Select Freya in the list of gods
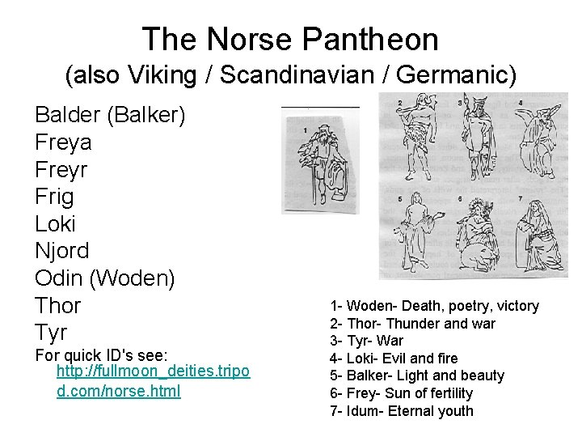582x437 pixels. pos(63,142)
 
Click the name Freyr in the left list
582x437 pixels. pos(61,170)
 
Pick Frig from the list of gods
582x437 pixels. pos(54,197)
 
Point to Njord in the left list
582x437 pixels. pos(62,251)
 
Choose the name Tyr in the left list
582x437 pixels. pos(51,332)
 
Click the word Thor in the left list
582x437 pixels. pos(58,305)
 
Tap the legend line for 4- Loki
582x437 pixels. pos(394,358)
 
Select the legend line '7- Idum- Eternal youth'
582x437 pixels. pos(402,410)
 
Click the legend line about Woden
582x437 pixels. pos(434,306)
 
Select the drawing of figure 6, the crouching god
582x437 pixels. pos(474,234)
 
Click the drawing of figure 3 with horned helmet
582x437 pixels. pos(473,138)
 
